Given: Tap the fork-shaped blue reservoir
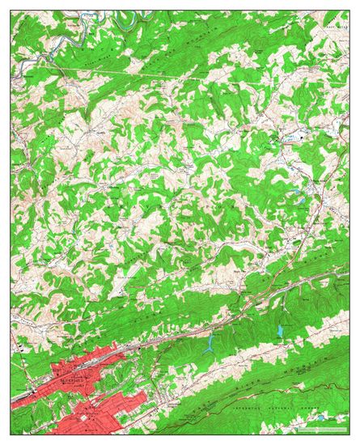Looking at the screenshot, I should point(211,344).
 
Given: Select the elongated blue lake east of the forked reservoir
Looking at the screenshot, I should point(281,330).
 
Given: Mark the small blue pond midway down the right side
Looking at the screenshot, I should point(299,197).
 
